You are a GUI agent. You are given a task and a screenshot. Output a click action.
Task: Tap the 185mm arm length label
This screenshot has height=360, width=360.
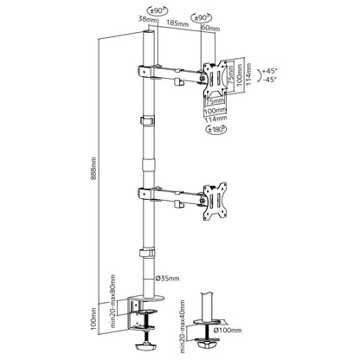tap(177, 23)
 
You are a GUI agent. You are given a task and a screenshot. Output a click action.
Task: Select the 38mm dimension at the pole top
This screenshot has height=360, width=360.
tap(147, 19)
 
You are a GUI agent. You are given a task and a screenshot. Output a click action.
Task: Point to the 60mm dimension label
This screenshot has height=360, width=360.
tap(210, 28)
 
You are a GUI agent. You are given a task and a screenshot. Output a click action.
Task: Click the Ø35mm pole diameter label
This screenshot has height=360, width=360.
tap(167, 279)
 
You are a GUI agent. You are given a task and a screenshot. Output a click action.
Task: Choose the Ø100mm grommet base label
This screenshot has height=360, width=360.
tap(228, 331)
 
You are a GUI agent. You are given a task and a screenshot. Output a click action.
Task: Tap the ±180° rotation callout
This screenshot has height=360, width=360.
tap(215, 130)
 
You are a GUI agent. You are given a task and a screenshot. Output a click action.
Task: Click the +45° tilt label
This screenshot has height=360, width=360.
tap(269, 71)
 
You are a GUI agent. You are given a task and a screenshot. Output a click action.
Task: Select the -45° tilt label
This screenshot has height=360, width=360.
tap(269, 79)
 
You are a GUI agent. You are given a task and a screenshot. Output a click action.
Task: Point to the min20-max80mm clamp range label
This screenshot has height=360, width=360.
tap(112, 300)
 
